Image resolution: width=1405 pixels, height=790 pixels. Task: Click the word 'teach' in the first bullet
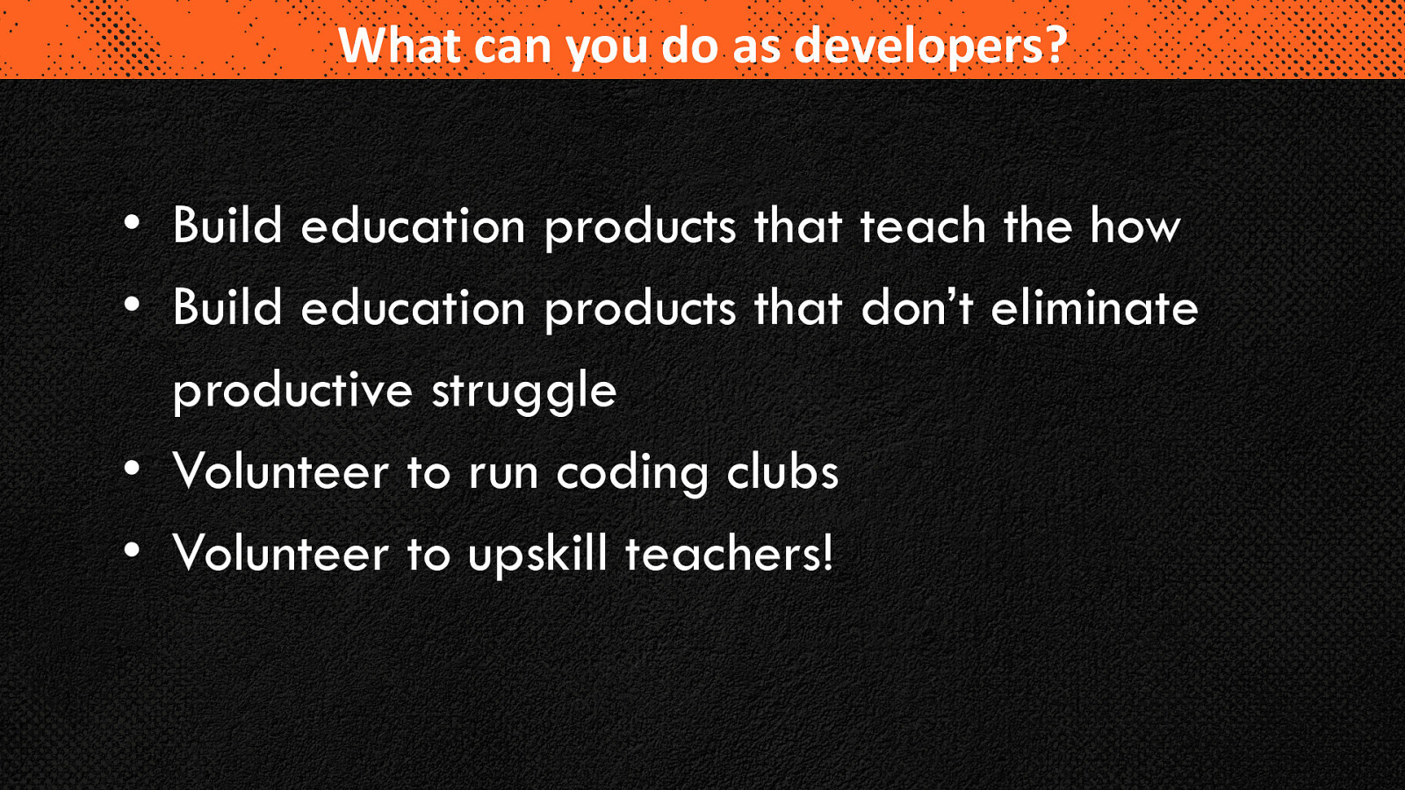tap(923, 225)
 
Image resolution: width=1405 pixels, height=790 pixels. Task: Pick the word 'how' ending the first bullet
tap(1135, 225)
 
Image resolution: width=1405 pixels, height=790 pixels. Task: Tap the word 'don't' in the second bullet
tap(917, 307)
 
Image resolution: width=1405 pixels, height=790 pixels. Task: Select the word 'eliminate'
tap(1094, 307)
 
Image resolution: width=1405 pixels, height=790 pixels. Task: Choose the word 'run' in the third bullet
tap(503, 475)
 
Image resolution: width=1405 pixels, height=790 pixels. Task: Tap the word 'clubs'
tap(782, 470)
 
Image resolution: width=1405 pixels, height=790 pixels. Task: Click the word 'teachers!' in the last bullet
tap(729, 553)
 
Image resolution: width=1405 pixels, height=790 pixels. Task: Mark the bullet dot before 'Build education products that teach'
tap(132, 223)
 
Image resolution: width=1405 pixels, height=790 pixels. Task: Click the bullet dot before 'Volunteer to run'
tap(132, 469)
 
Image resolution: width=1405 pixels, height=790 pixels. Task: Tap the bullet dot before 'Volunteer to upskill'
tap(132, 550)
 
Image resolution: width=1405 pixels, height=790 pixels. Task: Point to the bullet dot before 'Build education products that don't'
tap(132, 305)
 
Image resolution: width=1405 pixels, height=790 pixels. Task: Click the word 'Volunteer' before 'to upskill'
tap(281, 553)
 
